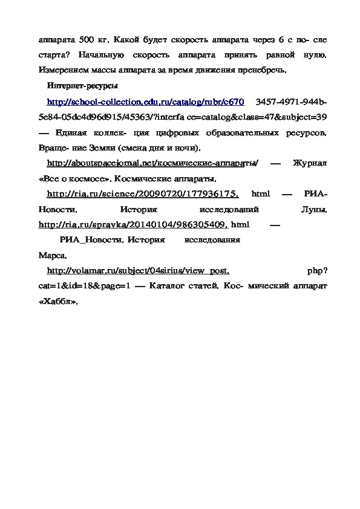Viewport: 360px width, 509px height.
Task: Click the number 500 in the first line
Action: pos(85,40)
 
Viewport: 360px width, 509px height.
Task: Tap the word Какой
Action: pos(125,40)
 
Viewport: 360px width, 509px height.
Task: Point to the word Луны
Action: pos(314,209)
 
